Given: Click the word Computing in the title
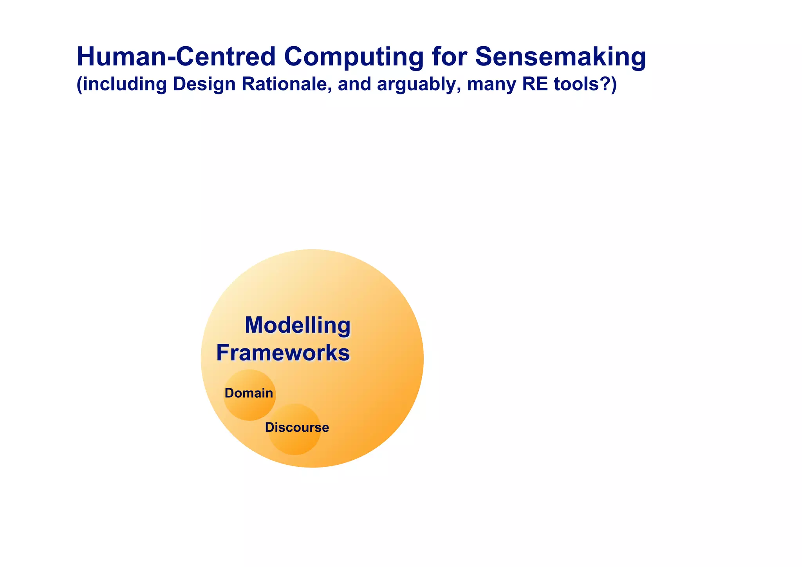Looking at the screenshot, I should click(354, 57).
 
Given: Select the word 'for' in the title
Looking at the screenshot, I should click(449, 57).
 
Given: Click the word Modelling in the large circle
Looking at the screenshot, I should click(298, 325).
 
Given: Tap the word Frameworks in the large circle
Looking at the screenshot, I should click(283, 353).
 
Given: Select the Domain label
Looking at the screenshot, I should click(249, 393).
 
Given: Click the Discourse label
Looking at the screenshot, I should click(297, 428).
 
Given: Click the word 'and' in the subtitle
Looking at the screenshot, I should click(354, 84).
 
